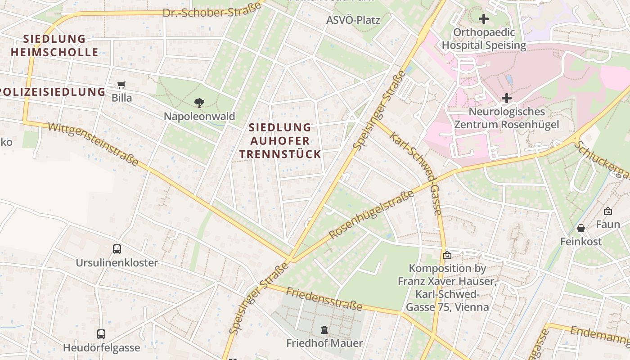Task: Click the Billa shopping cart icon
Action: click(121, 85)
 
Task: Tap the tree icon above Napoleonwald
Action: click(199, 103)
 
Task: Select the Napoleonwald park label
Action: click(199, 117)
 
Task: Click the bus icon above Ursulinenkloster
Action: click(117, 249)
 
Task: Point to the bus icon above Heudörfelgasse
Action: click(101, 334)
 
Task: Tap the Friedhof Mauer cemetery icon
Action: click(324, 330)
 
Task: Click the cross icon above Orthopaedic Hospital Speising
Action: click(484, 19)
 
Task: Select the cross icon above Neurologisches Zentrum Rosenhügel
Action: click(507, 98)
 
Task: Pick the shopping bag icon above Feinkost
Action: click(581, 228)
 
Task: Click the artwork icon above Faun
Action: click(608, 211)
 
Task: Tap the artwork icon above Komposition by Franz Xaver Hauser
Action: click(447, 255)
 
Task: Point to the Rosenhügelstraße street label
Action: click(371, 215)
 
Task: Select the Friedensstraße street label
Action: click(324, 299)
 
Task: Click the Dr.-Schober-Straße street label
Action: click(212, 10)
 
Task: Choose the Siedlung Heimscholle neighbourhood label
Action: click(54, 45)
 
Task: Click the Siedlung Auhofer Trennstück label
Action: click(280, 141)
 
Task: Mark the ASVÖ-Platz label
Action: click(353, 20)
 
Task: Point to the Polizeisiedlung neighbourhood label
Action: click(52, 92)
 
